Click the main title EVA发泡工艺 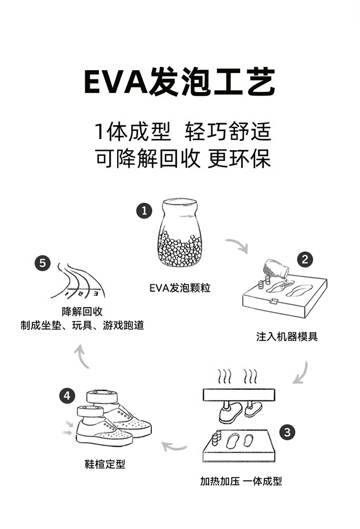(x=180, y=82)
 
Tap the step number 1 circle (x=144, y=211)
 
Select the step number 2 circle (x=305, y=260)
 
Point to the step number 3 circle (x=287, y=432)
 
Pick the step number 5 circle (x=42, y=263)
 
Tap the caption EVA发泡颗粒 (x=180, y=288)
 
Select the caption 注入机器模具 (x=287, y=337)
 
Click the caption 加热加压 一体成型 (x=241, y=481)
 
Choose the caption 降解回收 (x=82, y=312)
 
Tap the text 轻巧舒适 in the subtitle (x=227, y=132)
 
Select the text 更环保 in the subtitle (x=239, y=158)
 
